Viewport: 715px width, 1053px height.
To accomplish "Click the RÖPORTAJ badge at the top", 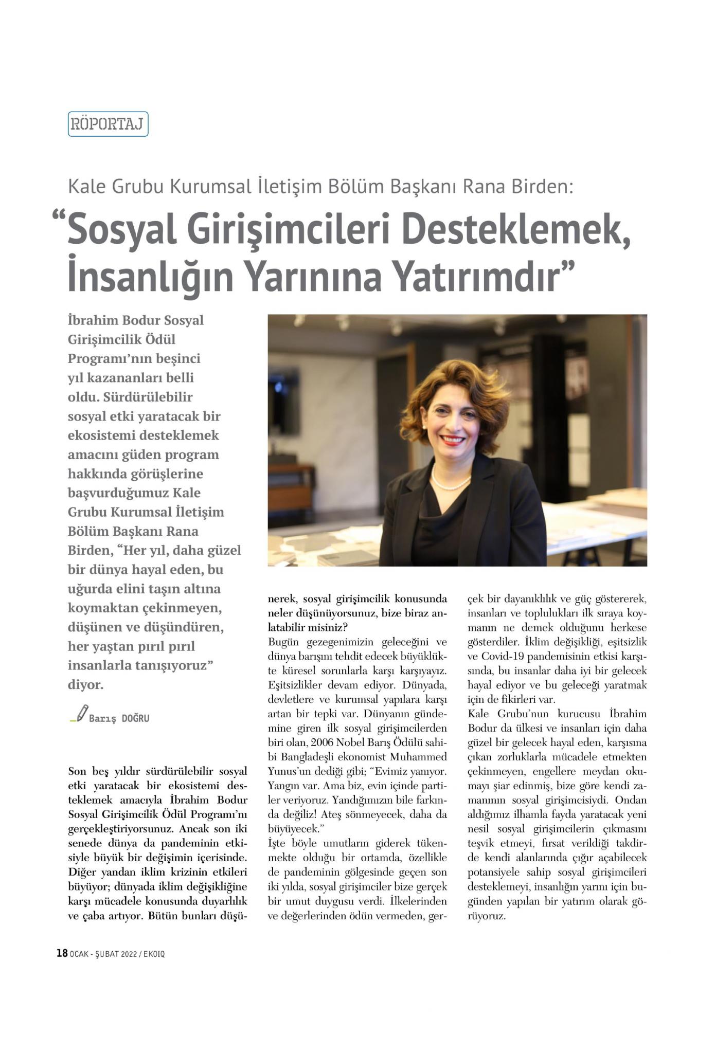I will [x=108, y=124].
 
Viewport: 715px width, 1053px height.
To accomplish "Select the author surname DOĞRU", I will [x=135, y=718].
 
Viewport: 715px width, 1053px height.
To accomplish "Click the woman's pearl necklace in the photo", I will [x=451, y=481].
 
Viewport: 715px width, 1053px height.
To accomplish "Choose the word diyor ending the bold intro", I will [x=85, y=685].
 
